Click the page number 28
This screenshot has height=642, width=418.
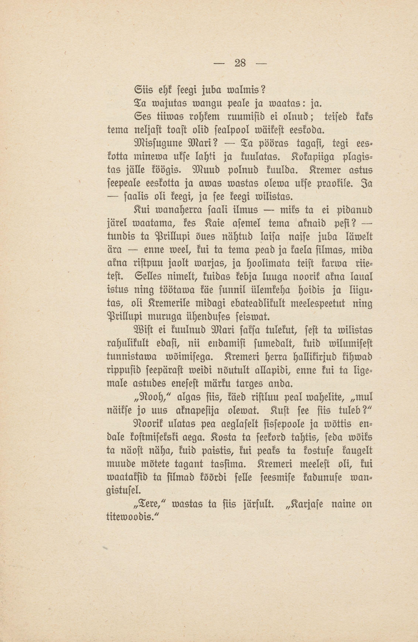pyautogui.click(x=240, y=63)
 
